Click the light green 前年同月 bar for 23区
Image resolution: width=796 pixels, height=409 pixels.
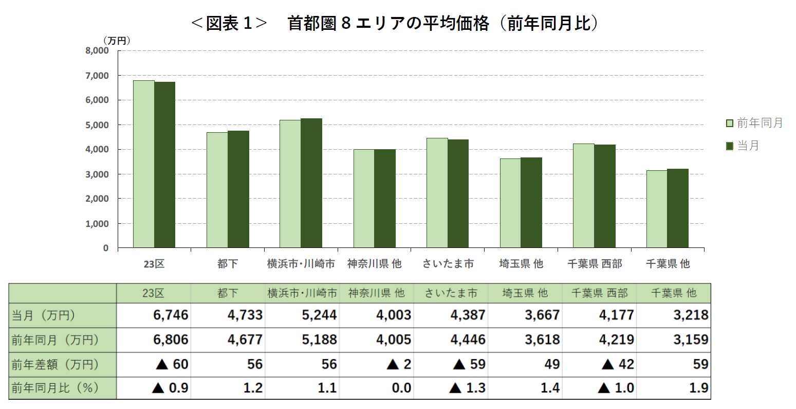[144, 164]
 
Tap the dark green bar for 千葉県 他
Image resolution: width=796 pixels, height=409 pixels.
[678, 208]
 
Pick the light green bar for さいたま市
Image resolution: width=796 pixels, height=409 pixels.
[437, 193]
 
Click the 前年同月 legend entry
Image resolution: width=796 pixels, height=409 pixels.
[754, 123]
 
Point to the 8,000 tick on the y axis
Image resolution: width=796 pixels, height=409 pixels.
[97, 51]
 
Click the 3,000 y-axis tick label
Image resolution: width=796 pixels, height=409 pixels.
[97, 174]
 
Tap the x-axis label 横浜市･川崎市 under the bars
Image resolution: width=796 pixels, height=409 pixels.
[301, 264]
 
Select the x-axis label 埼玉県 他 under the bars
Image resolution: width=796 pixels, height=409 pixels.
[521, 264]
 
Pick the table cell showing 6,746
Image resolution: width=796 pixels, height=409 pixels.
[171, 315]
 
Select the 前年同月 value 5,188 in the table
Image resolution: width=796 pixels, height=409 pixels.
[319, 340]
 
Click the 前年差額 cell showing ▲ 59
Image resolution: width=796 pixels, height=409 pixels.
[469, 364]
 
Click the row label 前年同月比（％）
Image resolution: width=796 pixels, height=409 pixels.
[55, 388]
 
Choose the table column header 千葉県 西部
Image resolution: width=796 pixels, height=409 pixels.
[599, 293]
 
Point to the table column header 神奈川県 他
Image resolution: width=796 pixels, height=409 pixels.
[376, 293]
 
